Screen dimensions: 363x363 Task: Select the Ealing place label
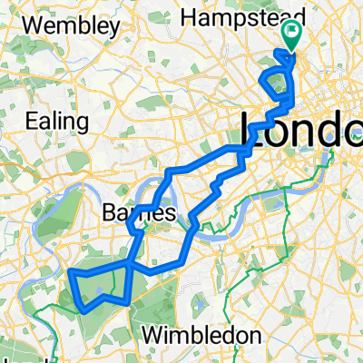(57, 121)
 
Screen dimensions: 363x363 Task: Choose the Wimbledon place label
(199, 335)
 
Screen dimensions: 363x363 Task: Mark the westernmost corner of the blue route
(70, 272)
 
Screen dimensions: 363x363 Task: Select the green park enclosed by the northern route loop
(278, 83)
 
